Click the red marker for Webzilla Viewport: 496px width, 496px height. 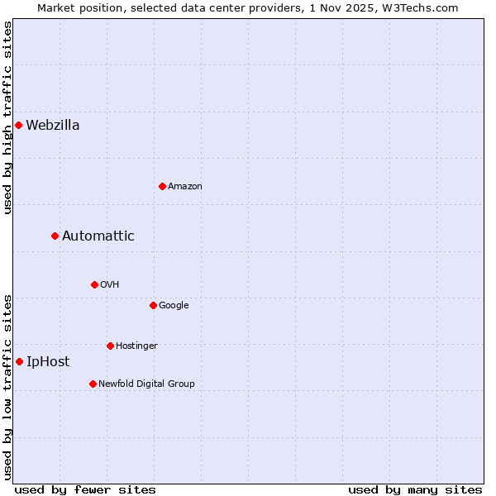[18, 126]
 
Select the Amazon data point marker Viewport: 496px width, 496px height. [162, 186]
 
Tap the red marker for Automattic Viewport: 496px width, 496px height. [55, 236]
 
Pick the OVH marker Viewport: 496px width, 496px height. [94, 284]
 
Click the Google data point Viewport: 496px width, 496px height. [153, 305]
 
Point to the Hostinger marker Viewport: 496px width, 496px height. [110, 346]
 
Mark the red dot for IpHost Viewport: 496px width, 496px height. [19, 361]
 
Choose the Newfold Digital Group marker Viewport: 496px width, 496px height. [93, 384]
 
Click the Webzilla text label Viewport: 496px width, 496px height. [53, 126]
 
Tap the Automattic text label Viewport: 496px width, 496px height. [98, 236]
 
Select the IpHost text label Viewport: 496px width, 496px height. [48, 361]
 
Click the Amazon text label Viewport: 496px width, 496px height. [185, 186]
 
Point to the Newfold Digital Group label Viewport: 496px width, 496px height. [146, 384]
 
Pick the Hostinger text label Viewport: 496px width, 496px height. [136, 346]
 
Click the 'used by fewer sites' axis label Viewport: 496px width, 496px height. [85, 489]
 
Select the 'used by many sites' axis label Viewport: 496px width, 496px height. [415, 489]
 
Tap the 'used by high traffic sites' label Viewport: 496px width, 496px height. [8, 118]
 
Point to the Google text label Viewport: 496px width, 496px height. [174, 305]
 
